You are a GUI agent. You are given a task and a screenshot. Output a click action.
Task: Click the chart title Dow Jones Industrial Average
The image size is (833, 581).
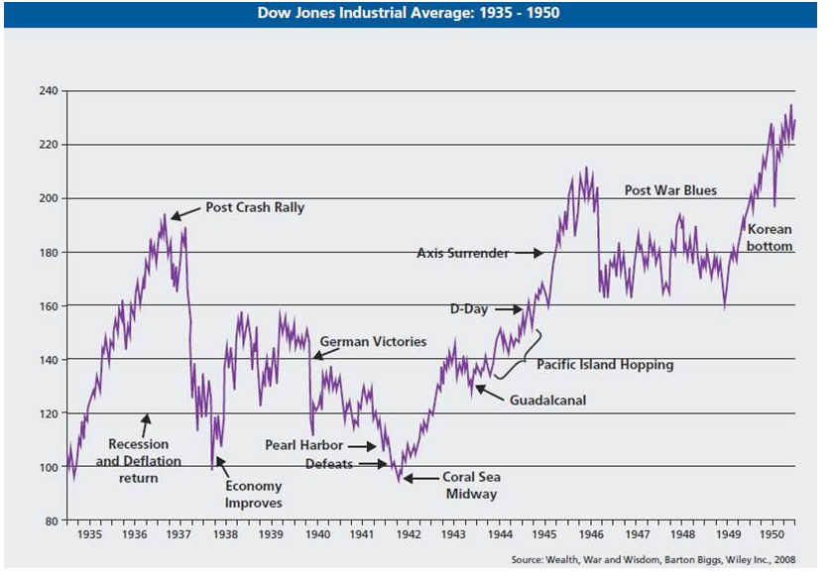[x=414, y=14]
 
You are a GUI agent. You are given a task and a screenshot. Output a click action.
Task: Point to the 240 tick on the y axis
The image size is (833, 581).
[x=47, y=91]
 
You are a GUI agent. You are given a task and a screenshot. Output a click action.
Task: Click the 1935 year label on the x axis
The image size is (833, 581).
[x=89, y=534]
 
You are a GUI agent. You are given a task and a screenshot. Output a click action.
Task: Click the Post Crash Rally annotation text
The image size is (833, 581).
[x=255, y=208]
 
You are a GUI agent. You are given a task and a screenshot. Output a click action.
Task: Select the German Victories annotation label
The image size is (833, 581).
[x=373, y=342]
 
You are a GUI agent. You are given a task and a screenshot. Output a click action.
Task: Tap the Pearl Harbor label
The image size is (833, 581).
[x=303, y=446]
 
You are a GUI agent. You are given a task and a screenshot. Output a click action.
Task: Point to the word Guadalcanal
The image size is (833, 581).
[x=548, y=401]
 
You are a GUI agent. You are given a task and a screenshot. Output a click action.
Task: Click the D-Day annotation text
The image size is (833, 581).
[x=469, y=309]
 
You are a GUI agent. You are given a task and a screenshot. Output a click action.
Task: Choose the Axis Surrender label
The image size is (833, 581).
[x=462, y=253]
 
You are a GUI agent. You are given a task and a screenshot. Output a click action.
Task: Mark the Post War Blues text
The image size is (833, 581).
[x=670, y=190]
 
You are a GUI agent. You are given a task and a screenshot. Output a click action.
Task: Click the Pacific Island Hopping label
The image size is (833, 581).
[x=605, y=365]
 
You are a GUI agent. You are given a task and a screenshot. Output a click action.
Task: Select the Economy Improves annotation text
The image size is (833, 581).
[x=254, y=495]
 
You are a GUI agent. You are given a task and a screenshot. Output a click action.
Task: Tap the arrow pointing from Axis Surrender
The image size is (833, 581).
[x=529, y=253]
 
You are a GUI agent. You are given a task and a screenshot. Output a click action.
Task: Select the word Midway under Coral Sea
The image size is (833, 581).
[x=471, y=494]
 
